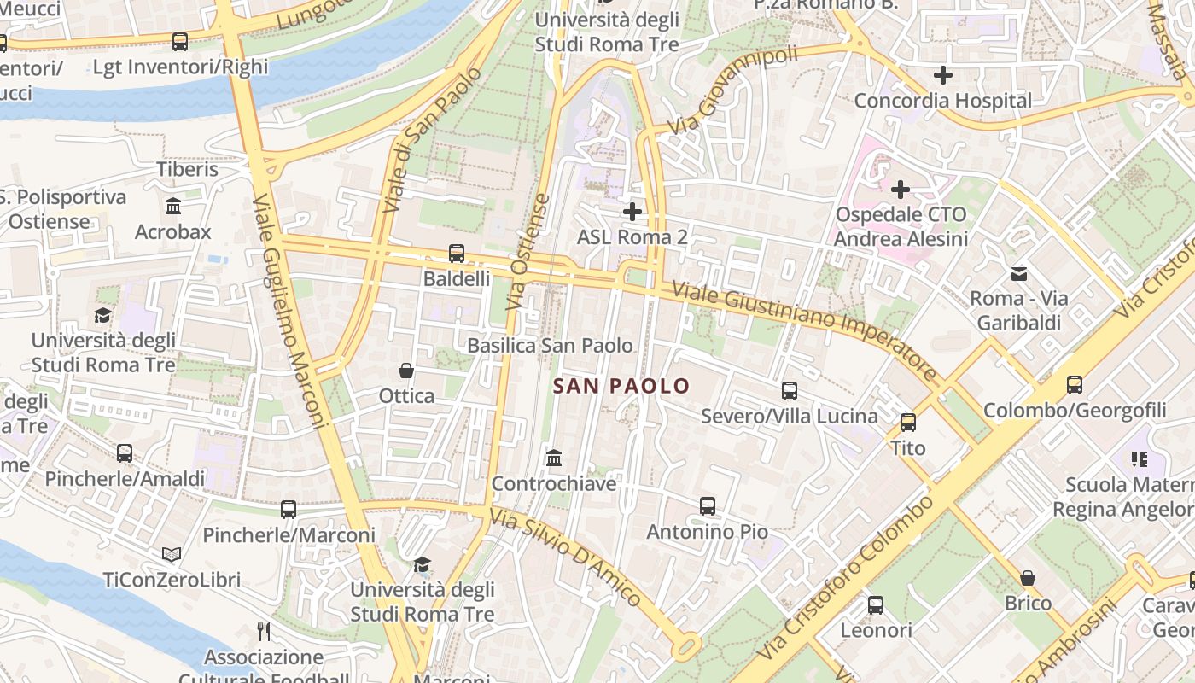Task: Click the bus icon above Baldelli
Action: (457, 254)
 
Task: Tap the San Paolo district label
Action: (621, 386)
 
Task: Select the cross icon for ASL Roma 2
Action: (632, 211)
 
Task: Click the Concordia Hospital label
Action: (943, 101)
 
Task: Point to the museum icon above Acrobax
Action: (173, 207)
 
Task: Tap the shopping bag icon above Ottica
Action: (406, 371)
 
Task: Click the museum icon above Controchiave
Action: (553, 458)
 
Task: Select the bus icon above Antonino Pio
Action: (708, 506)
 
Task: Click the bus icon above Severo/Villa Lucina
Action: (790, 391)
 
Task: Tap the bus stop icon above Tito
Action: (908, 423)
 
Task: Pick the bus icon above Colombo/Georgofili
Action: (1075, 385)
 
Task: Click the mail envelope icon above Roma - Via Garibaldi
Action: (1019, 274)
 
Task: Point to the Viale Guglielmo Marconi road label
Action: (290, 312)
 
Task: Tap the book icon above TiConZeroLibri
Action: (172, 555)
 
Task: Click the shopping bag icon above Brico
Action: (1028, 578)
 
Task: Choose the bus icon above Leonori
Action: (876, 605)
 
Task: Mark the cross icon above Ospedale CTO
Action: (901, 189)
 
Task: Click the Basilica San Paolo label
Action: (551, 346)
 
